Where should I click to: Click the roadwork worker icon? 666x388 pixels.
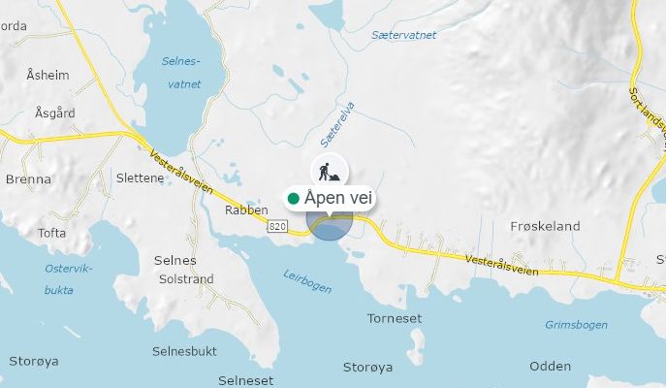point(330,171)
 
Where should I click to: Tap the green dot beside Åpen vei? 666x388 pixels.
point(294,198)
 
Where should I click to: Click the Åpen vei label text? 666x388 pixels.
point(336,198)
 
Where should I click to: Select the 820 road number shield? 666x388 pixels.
point(276,226)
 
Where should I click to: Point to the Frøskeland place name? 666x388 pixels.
point(544,226)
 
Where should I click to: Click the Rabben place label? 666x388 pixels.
point(245,209)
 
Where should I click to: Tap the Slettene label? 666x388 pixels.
point(140,178)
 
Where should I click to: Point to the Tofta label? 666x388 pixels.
point(51,233)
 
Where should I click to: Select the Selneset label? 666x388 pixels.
point(246,380)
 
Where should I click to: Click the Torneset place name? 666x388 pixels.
point(394,318)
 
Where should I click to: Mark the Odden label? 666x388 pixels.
point(550,366)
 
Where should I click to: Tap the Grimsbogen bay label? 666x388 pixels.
point(575,324)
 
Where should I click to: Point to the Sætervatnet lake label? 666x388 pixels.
point(403,35)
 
